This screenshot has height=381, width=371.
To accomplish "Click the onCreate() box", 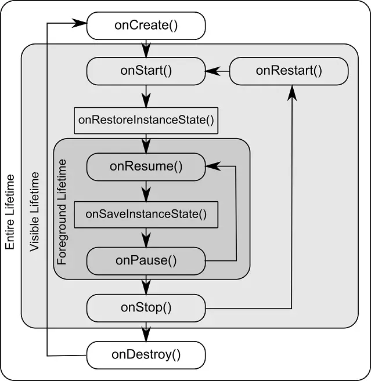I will (146, 25).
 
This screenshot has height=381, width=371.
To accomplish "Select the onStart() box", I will (146, 71).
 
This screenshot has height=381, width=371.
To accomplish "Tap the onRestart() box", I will (289, 71).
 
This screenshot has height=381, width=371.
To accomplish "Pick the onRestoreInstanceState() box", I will (146, 121).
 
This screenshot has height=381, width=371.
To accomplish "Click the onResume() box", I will (146, 166).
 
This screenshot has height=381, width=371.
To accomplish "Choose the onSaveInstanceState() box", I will (146, 214).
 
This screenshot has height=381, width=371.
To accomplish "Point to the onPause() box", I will (146, 260).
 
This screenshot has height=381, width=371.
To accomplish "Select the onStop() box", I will (146, 307).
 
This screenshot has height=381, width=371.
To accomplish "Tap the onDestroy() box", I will (146, 354).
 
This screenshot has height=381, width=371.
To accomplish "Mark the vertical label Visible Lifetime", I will (35, 211).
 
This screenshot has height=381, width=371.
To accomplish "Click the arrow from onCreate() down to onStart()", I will (146, 46).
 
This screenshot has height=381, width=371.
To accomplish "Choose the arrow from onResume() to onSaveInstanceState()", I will (146, 190).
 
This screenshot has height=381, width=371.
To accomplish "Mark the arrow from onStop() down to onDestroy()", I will (146, 331).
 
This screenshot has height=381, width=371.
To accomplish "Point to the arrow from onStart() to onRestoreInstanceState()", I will (146, 95).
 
